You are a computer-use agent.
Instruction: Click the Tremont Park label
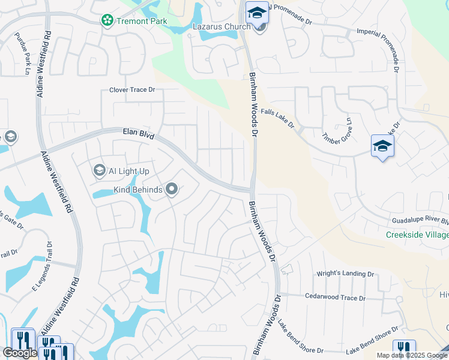142,20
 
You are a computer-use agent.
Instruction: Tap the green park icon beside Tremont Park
107,20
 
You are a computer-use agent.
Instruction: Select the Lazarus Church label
221,26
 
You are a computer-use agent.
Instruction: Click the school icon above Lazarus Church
257,13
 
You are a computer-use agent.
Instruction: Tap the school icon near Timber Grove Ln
382,146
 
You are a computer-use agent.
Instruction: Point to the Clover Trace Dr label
132,90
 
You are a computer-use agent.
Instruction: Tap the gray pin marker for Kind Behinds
172,190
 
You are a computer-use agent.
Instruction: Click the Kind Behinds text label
138,190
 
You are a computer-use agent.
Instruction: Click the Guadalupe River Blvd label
420,221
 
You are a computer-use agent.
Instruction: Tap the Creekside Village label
417,234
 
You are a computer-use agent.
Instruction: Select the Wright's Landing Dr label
345,274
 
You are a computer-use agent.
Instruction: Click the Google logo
20,353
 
